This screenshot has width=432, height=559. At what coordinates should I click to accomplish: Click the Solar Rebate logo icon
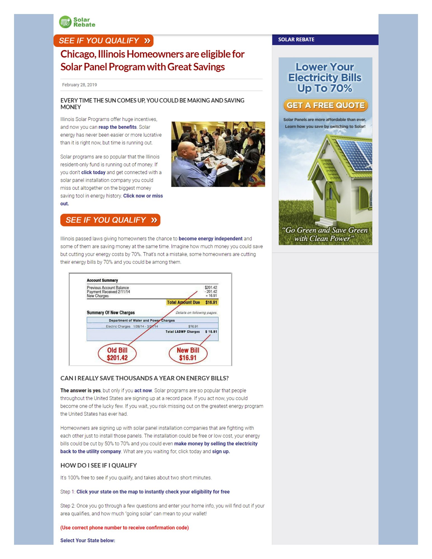point(65,22)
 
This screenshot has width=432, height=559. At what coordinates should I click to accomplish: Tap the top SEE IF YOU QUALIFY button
point(103,41)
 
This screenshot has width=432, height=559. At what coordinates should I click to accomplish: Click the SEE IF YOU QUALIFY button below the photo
point(110,220)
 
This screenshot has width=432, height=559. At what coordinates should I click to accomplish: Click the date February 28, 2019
point(79,85)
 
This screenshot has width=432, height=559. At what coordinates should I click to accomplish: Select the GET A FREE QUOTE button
point(325,105)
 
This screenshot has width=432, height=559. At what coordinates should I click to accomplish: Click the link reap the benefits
point(117,127)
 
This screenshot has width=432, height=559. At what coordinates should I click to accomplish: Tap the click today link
point(93,172)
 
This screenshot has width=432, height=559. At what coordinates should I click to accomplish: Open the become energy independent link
point(210,238)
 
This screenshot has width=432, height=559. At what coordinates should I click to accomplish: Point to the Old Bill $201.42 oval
point(117,354)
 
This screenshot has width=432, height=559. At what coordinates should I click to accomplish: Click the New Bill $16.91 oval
point(188,354)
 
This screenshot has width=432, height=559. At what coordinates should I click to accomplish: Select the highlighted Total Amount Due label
point(183,302)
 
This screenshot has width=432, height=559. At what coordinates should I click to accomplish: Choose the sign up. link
point(221,451)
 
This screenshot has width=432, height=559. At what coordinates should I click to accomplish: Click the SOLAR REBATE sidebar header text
point(296,39)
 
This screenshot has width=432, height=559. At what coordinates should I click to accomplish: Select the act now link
point(143,390)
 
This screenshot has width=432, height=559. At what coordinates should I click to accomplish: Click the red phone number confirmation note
point(124,527)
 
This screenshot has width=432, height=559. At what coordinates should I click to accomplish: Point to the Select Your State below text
point(88,540)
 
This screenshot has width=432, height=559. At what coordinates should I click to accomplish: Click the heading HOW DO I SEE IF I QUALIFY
point(98,465)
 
